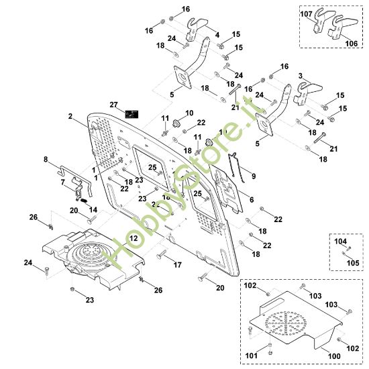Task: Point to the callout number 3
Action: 300,76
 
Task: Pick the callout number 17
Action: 178,266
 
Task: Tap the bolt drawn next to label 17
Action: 161,256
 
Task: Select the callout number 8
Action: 46,160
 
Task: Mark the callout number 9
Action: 253,176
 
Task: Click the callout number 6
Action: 251,199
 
